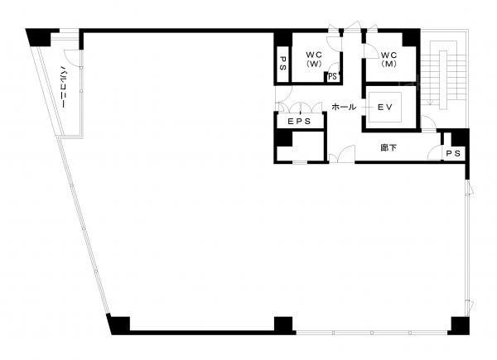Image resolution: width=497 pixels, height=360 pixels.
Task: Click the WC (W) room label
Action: (314, 59)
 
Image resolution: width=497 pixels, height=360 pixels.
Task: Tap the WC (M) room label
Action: (388, 59)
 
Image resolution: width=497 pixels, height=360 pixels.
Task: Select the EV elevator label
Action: (385, 108)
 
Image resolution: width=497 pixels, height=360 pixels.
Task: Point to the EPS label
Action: (299, 122)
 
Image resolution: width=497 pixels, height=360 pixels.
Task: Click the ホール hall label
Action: (344, 107)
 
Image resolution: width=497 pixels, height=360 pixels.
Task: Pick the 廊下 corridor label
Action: (388, 148)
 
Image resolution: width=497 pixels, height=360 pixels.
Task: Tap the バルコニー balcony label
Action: (63, 86)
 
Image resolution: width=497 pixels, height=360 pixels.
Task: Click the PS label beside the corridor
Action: (453, 154)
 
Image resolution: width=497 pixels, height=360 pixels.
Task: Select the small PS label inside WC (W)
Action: (332, 77)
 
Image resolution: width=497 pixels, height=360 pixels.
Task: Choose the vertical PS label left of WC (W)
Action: (283, 64)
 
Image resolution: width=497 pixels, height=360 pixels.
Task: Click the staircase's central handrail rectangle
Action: (443, 79)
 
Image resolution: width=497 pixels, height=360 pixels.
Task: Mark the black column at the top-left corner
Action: (39, 37)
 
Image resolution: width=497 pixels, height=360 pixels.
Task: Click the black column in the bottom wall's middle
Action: (283, 325)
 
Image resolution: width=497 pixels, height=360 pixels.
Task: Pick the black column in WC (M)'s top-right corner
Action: (411, 38)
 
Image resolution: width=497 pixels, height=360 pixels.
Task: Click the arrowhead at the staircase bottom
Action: (430, 102)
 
